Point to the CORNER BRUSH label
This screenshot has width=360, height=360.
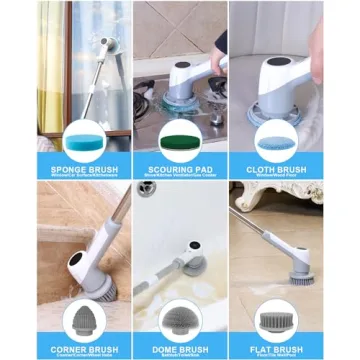click(61, 349)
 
